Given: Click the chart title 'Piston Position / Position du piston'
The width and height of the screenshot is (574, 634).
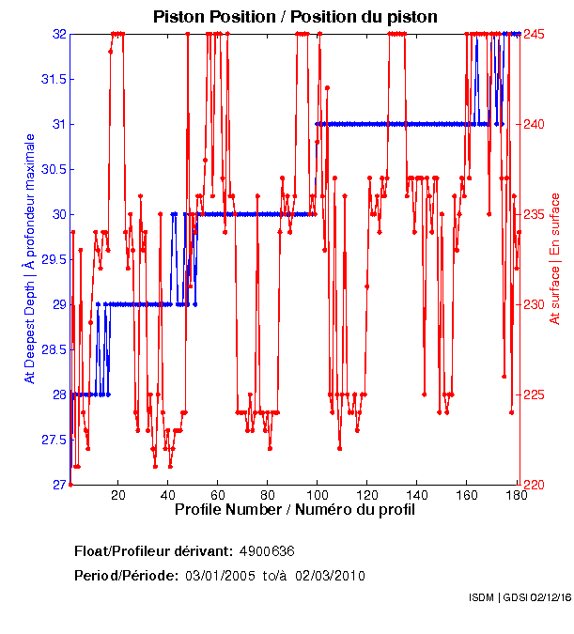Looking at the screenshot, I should point(295,17).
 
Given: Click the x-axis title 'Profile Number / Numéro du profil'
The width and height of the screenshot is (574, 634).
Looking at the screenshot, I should point(294,510).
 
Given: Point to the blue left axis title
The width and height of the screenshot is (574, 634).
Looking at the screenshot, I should point(29,258).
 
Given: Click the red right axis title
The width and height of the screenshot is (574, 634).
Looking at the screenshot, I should point(555,258).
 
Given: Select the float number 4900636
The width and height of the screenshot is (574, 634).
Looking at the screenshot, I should point(268,550).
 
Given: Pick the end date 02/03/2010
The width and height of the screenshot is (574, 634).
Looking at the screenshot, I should point(330,575).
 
